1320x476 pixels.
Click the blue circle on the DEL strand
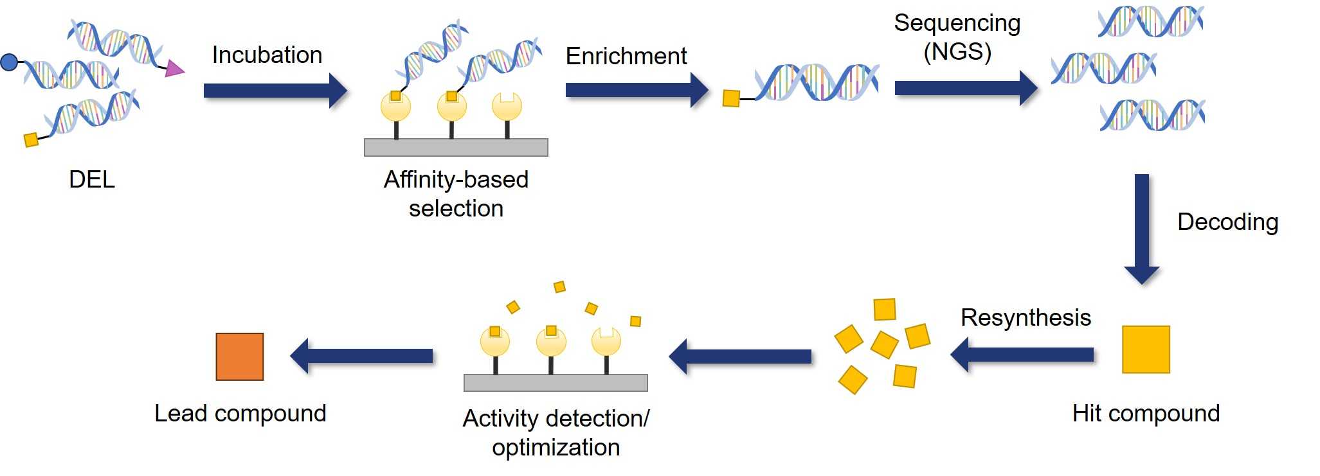tap(9, 62)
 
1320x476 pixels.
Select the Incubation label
tap(267, 55)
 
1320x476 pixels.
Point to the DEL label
tap(92, 179)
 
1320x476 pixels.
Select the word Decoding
tap(1227, 222)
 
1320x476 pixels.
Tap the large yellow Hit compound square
tap(1145, 349)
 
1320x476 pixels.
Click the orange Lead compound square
tap(239, 357)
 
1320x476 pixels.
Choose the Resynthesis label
tap(1026, 318)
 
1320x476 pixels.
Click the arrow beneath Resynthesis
tap(1022, 355)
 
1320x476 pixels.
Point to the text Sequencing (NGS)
tap(957, 37)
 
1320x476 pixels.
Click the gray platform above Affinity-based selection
tap(456, 147)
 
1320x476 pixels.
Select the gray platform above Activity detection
tap(556, 383)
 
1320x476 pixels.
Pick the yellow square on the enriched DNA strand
tap(731, 98)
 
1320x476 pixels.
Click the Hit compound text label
tap(1145, 413)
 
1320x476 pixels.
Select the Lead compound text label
tap(240, 413)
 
